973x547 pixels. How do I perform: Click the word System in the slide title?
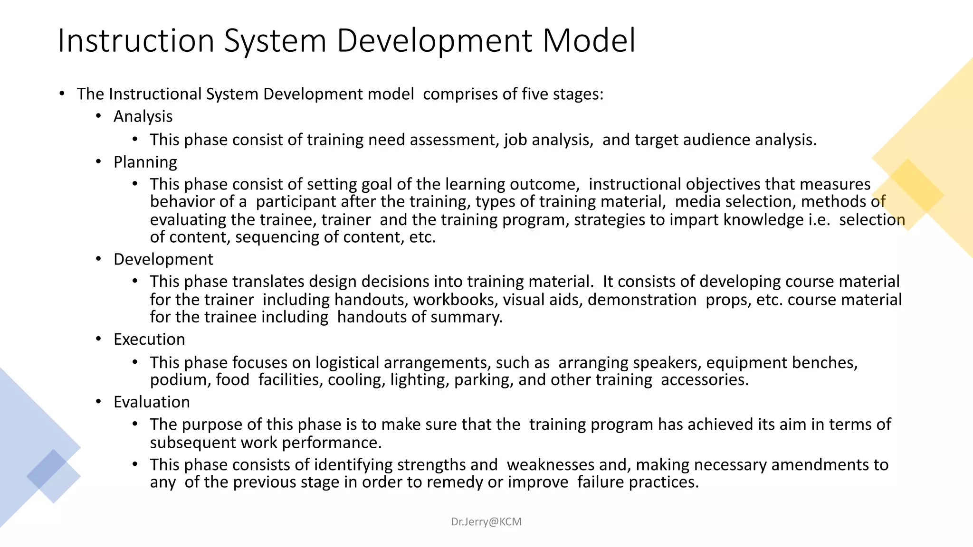(x=275, y=41)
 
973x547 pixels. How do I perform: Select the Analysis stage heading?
(x=143, y=116)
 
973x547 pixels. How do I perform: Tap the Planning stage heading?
(x=145, y=162)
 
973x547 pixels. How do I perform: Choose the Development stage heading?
(x=163, y=259)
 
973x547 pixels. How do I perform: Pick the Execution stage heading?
(x=149, y=339)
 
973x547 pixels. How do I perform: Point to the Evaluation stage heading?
(x=152, y=402)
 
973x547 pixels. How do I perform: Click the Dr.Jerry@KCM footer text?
(x=486, y=521)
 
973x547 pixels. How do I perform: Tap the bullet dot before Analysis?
(x=98, y=116)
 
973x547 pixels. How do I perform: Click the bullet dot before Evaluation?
(x=98, y=402)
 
